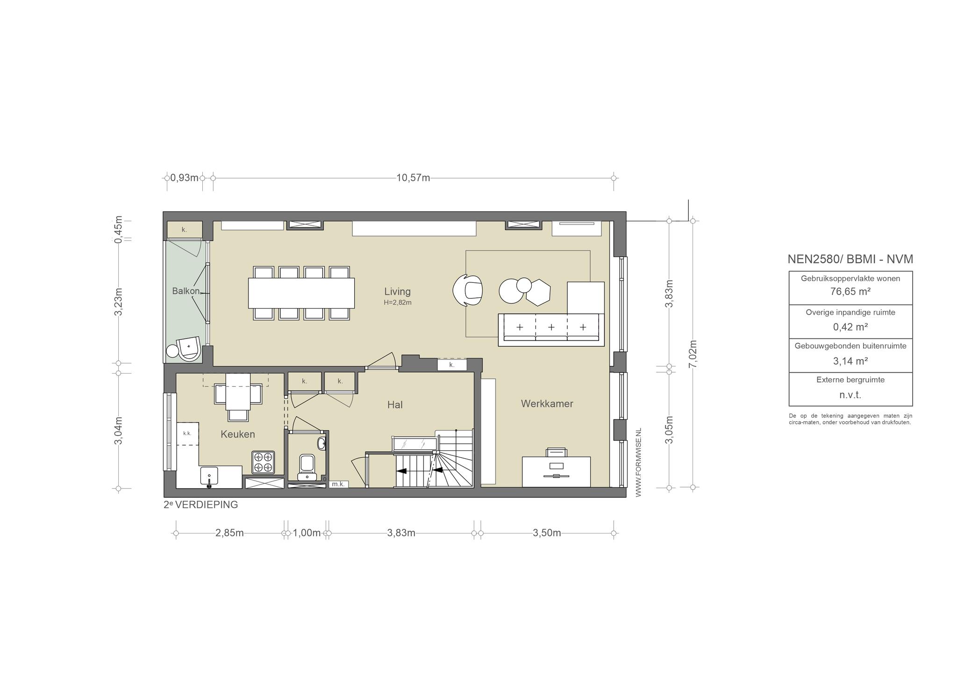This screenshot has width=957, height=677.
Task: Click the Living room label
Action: point(397,291)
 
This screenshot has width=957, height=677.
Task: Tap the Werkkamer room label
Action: point(547,403)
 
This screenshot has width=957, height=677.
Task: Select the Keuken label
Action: point(238,434)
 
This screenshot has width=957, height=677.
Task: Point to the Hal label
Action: point(395,405)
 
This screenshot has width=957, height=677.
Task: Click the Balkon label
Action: point(186,291)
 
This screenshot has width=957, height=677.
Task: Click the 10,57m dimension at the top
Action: point(413,178)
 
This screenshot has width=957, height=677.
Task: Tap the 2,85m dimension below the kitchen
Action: point(229,533)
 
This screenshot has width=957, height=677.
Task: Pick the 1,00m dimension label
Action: point(307,533)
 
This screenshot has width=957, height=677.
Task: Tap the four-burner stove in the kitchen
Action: point(263,462)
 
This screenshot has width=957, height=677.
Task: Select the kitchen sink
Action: point(209,476)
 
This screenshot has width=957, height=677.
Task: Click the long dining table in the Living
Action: point(301,293)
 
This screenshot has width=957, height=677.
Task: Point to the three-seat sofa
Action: point(551,330)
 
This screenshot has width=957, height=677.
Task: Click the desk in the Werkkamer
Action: point(556,472)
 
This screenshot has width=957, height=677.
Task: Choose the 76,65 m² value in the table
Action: point(850,292)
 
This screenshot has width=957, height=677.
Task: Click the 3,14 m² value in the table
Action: point(850,361)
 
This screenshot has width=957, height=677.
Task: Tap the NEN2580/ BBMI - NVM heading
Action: point(850,259)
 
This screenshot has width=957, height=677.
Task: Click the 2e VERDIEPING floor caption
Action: point(201,505)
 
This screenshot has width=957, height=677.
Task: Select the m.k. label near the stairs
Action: point(338,484)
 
